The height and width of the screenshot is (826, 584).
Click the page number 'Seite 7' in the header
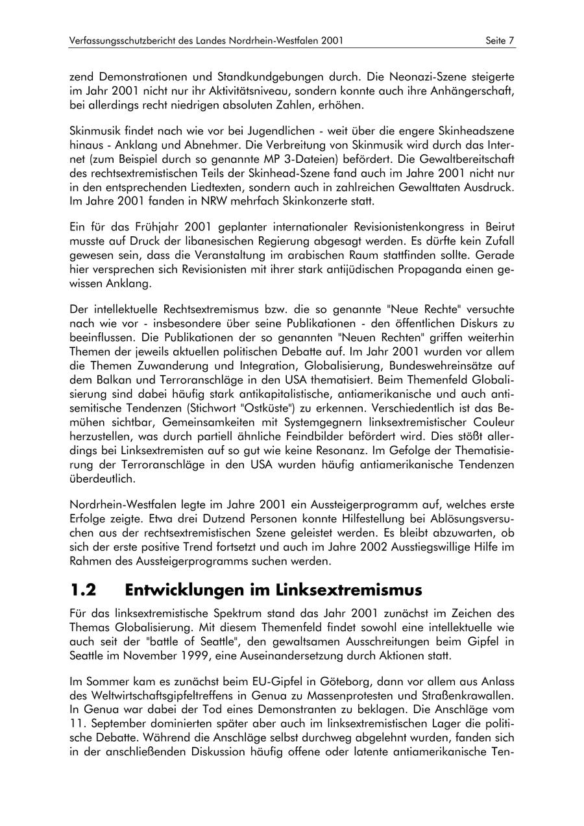pos(500,41)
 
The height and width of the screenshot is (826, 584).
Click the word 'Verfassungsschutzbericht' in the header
pos(121,41)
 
